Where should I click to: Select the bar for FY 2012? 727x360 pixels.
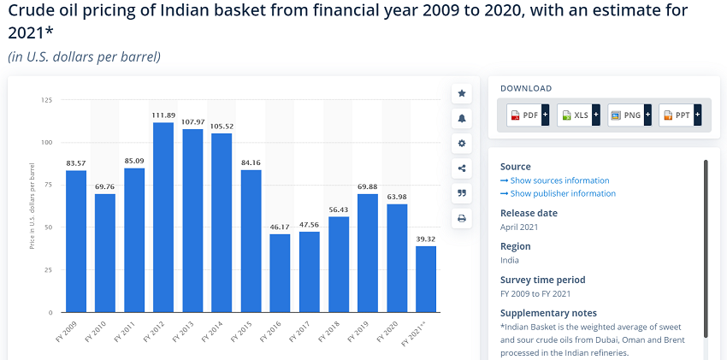click(x=163, y=217)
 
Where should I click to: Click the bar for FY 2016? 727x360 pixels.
click(x=280, y=274)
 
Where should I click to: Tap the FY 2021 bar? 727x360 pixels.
click(x=426, y=279)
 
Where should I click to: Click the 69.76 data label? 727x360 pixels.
click(x=105, y=186)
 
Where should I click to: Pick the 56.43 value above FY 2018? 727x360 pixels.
click(x=338, y=210)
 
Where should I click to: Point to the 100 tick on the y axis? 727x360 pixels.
click(x=47, y=142)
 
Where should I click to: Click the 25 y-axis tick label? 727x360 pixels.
click(x=49, y=269)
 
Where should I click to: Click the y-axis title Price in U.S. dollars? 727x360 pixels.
click(x=32, y=206)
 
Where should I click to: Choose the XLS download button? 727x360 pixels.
click(x=578, y=115)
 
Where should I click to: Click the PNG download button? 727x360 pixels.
click(x=629, y=115)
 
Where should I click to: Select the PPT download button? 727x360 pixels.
click(x=680, y=115)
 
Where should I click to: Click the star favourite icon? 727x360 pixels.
click(x=462, y=93)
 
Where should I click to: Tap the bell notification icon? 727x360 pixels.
click(x=462, y=119)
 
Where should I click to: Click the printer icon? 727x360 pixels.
click(x=462, y=218)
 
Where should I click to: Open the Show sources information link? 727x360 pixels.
click(x=555, y=180)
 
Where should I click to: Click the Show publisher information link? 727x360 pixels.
click(x=559, y=193)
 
